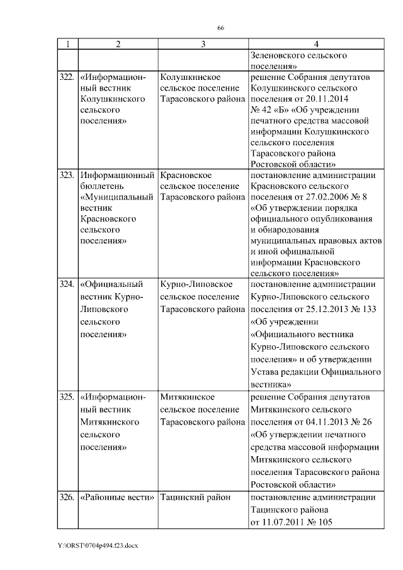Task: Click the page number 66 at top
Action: point(221,28)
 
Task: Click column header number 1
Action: point(67,43)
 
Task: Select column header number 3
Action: point(203,43)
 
